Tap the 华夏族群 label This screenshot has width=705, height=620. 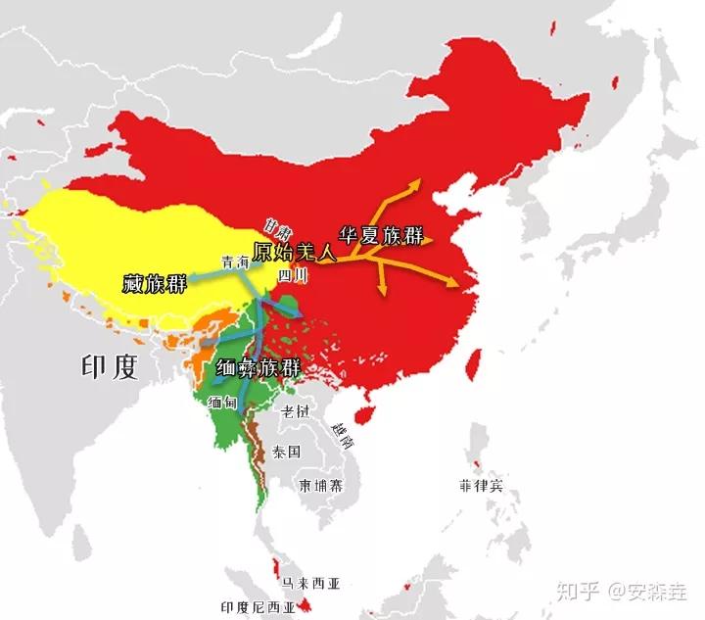381,236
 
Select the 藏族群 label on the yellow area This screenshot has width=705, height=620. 156,284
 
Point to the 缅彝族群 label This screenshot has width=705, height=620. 258,369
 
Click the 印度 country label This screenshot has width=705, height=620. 109,367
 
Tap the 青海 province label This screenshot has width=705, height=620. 236,262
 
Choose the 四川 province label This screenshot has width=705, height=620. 294,276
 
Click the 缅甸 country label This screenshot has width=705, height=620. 222,402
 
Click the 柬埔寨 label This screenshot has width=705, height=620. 321,486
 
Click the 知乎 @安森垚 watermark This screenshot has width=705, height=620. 622,591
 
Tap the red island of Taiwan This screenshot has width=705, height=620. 467,362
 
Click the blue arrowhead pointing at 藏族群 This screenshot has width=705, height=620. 192,279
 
